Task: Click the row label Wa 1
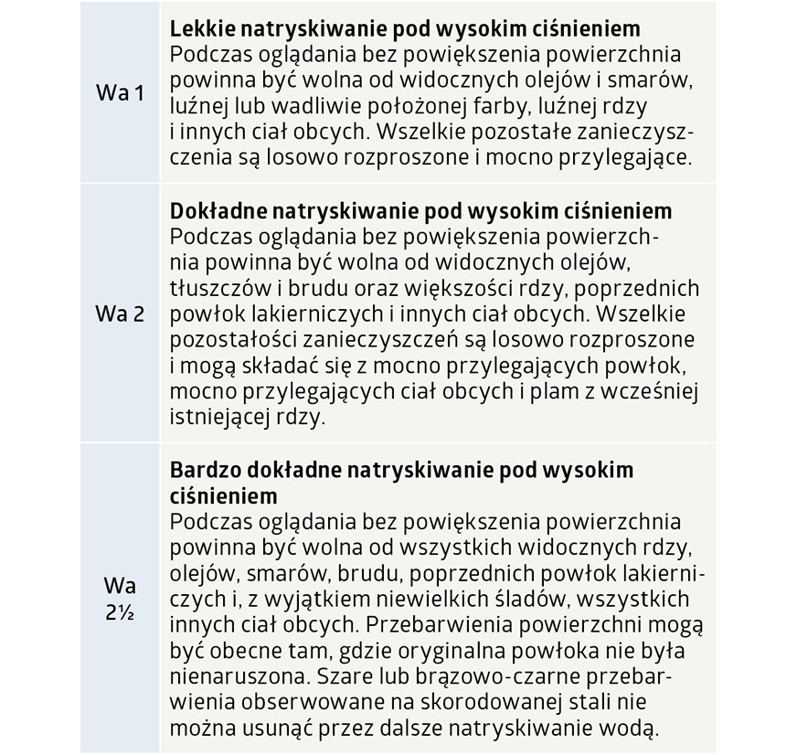coord(120,93)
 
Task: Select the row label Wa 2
coord(120,314)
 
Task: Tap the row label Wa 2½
coord(120,599)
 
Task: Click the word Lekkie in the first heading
coord(198,27)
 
